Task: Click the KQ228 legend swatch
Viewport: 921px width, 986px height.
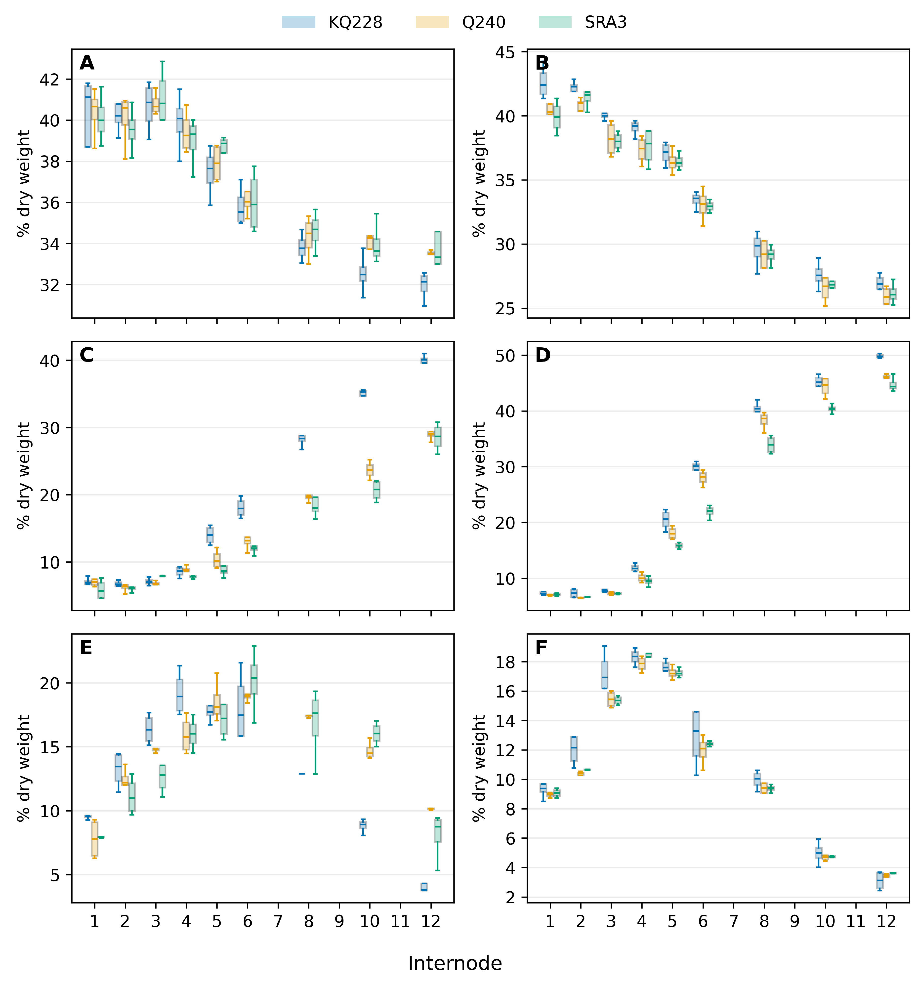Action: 298,22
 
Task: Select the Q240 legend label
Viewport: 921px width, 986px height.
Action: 484,22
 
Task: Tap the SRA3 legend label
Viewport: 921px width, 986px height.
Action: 606,22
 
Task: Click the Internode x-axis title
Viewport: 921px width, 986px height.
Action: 455,963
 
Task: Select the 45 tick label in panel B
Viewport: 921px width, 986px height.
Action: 505,53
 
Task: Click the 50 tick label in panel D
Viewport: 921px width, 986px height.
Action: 505,356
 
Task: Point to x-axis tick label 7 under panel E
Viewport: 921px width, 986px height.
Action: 278,921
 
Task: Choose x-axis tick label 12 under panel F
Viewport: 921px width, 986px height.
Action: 886,921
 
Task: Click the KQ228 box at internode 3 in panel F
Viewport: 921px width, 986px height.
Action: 604,675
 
